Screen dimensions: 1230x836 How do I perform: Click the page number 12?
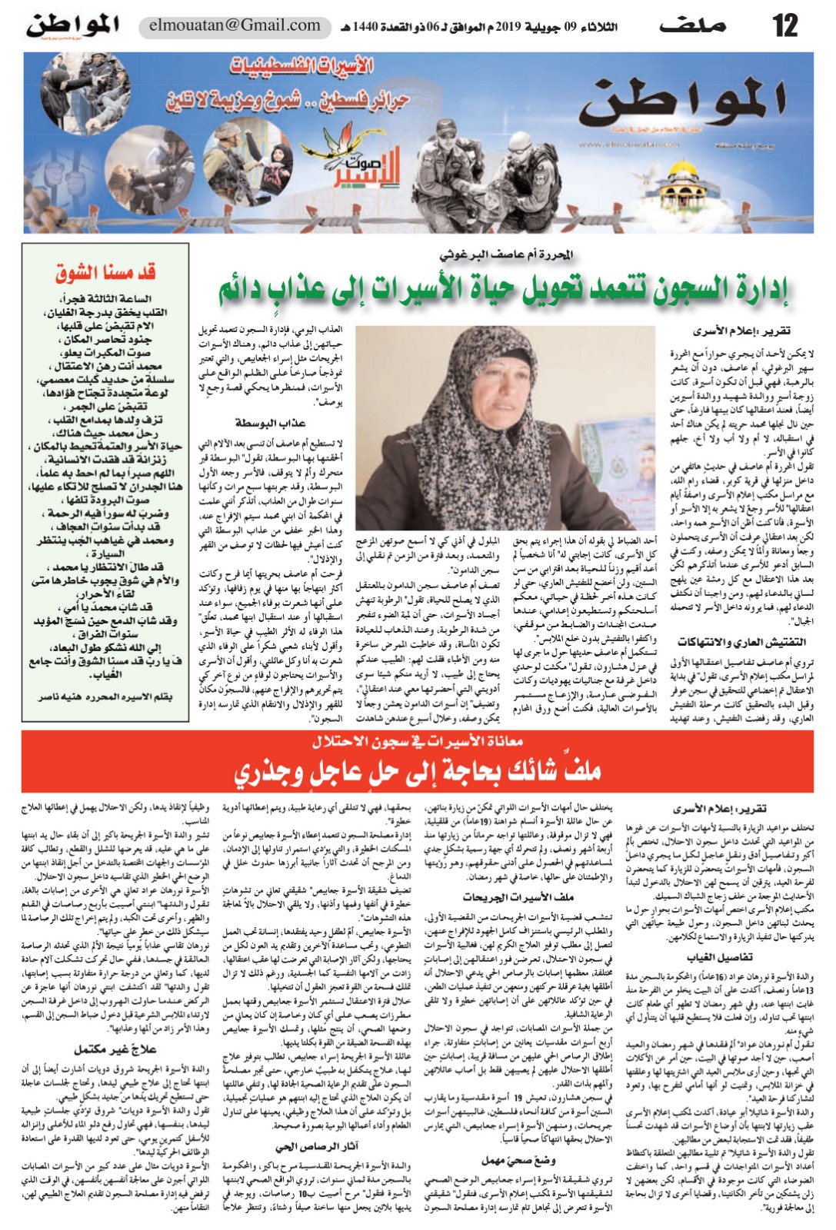click(x=785, y=25)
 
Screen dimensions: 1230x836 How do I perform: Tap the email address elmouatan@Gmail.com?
click(x=235, y=25)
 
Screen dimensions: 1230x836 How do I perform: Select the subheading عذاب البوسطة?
click(x=270, y=424)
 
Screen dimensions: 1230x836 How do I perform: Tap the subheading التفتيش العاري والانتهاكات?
click(x=741, y=641)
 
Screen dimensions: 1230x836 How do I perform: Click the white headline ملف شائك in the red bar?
click(x=418, y=770)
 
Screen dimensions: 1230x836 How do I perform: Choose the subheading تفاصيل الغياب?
click(x=724, y=957)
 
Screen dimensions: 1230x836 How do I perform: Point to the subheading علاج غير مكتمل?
click(x=116, y=1049)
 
